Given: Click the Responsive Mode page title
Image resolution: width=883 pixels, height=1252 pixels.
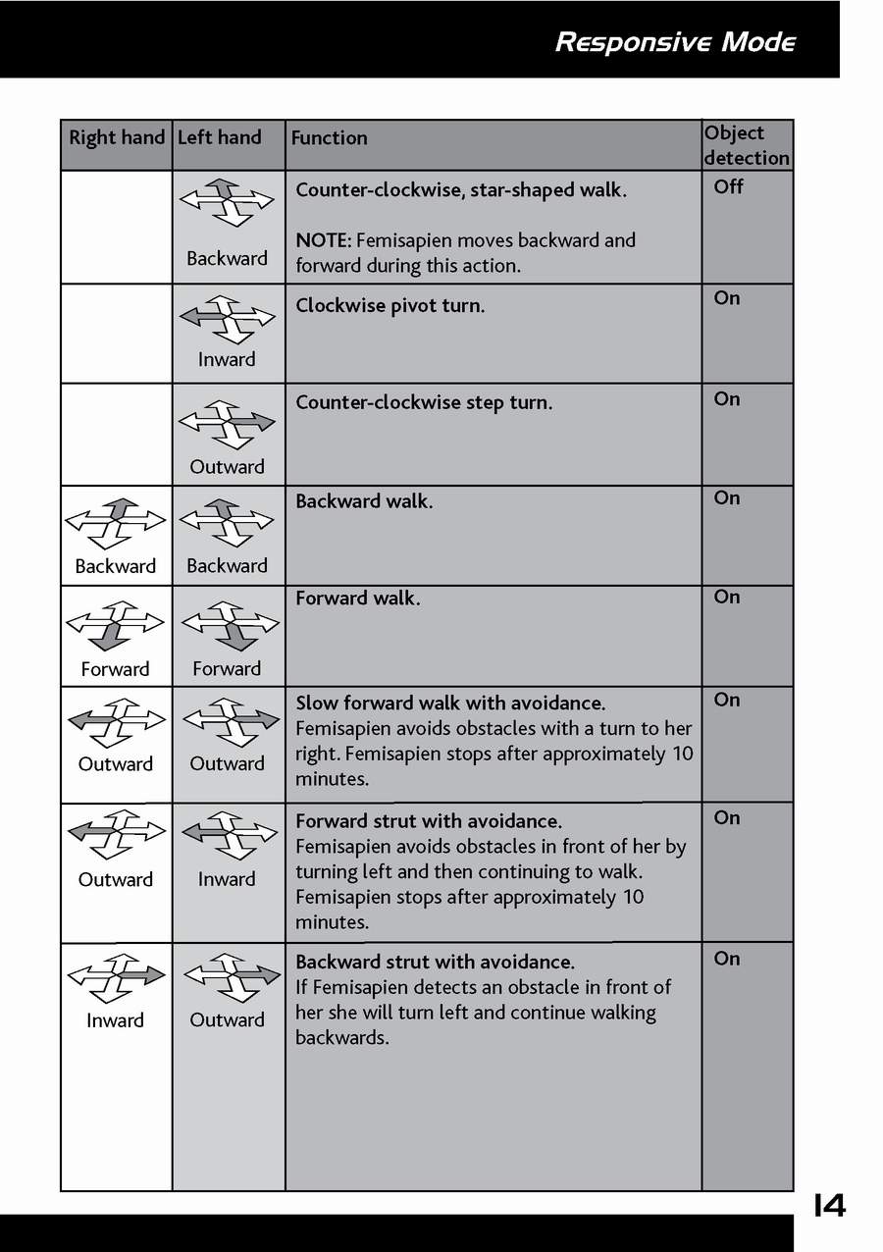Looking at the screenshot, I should pyautogui.click(x=675, y=42).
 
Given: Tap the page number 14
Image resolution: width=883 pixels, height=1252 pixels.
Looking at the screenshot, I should pyautogui.click(x=829, y=1205).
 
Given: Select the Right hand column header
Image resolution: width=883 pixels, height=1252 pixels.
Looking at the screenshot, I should pyautogui.click(x=116, y=138).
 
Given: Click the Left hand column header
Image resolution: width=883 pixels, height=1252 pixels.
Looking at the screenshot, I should pyautogui.click(x=220, y=138).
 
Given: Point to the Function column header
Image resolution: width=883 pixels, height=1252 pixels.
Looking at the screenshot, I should pyautogui.click(x=330, y=138).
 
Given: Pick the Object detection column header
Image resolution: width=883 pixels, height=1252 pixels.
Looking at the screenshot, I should pyautogui.click(x=747, y=145).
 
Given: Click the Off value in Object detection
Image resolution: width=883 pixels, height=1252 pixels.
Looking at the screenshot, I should pyautogui.click(x=729, y=186).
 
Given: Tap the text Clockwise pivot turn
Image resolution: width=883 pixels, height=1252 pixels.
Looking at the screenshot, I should pyautogui.click(x=390, y=306).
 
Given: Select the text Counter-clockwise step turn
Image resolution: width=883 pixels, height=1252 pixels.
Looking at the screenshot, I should pyautogui.click(x=424, y=402).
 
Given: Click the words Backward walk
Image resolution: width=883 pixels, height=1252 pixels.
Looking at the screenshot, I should pyautogui.click(x=364, y=501).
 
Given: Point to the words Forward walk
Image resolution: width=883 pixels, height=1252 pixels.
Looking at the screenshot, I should pyautogui.click(x=358, y=599).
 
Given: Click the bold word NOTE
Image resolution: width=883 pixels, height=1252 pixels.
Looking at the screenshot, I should pyautogui.click(x=322, y=240).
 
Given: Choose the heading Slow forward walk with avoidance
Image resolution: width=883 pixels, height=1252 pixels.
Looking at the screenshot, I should pyautogui.click(x=450, y=704).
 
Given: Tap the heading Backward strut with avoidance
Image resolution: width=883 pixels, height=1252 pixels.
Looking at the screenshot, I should pyautogui.click(x=436, y=963).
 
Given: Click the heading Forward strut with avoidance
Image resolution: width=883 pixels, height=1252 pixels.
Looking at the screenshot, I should pyautogui.click(x=429, y=821).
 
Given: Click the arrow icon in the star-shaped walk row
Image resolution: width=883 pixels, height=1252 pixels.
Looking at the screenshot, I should pyautogui.click(x=227, y=203).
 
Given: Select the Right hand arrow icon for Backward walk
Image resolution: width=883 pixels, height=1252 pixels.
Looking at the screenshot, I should pyautogui.click(x=115, y=523).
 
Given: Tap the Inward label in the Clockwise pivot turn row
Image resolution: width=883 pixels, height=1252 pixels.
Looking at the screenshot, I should pyautogui.click(x=227, y=360).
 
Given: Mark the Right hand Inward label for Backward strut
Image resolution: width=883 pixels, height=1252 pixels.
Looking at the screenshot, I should pyautogui.click(x=115, y=1020).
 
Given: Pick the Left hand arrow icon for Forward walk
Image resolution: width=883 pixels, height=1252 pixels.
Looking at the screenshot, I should pyautogui.click(x=229, y=626).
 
